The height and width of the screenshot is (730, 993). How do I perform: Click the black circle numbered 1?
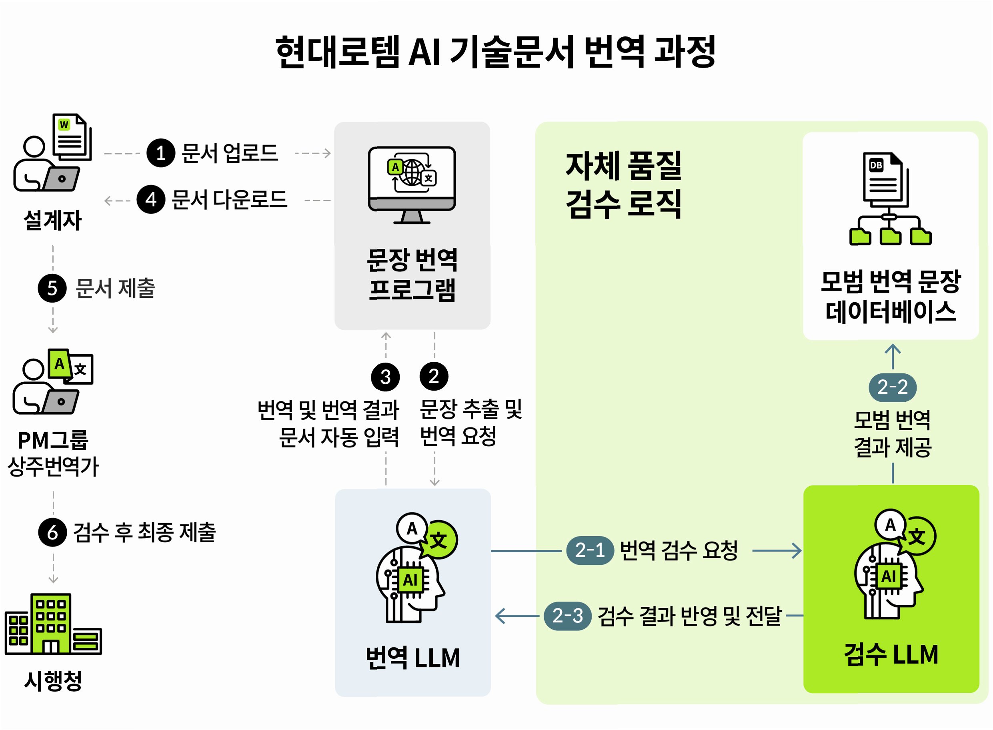(161, 153)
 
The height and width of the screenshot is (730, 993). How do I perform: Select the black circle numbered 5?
(52, 288)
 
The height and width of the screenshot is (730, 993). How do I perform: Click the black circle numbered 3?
(385, 377)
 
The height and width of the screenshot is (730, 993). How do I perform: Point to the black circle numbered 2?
(434, 376)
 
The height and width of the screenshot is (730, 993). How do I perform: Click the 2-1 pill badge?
(590, 551)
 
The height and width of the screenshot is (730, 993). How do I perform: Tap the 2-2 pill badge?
(892, 387)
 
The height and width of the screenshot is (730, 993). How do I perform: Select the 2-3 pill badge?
(567, 616)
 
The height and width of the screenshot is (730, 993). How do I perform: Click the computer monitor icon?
(412, 185)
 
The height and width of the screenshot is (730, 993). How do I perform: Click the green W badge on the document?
(64, 124)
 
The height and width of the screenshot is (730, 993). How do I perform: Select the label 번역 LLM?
(412, 658)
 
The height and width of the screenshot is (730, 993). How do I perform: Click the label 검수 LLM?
(891, 654)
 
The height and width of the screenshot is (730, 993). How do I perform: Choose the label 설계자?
(52, 220)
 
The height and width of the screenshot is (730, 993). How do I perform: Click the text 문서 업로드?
(230, 153)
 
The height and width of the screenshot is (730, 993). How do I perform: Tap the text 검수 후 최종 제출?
(144, 532)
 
